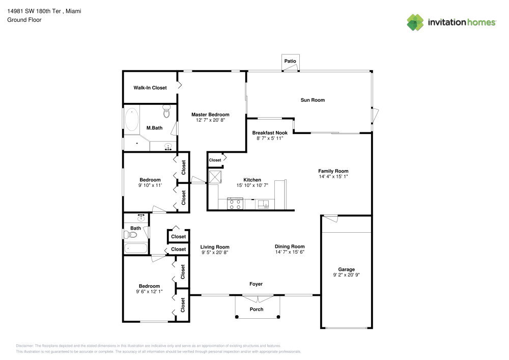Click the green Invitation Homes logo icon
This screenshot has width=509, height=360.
click(415, 22)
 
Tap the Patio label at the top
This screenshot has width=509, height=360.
click(290, 61)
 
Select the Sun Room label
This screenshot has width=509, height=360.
click(313, 100)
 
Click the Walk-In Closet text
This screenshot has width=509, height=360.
click(150, 88)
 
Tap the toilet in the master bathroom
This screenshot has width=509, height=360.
click(166, 110)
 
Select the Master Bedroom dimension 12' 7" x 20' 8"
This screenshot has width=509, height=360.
click(210, 120)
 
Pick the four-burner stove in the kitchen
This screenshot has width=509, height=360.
click(235, 204)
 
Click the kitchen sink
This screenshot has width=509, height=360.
click(263, 205)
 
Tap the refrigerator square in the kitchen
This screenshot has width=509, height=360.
click(215, 177)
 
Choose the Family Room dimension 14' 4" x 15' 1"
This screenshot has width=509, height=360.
click(333, 177)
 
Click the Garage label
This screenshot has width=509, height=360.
click(347, 269)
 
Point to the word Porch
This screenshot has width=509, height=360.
click(257, 310)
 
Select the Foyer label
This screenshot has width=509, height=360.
click(256, 284)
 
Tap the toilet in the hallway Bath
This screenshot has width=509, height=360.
click(132, 235)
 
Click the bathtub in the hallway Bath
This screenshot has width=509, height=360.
click(135, 249)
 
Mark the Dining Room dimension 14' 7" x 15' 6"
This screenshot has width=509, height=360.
click(290, 252)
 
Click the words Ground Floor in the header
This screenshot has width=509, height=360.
click(24, 20)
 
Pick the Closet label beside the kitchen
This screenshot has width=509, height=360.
click(215, 160)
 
